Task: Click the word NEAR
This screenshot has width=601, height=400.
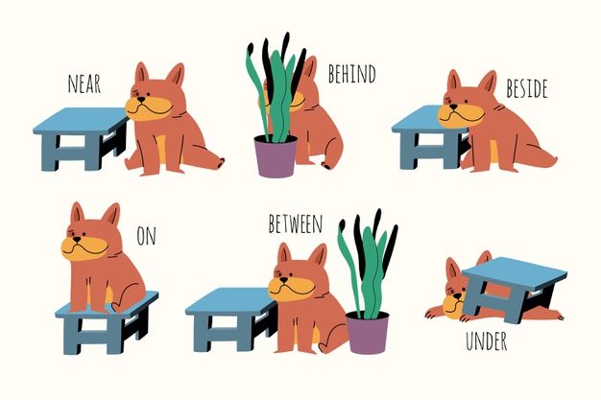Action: click(x=84, y=83)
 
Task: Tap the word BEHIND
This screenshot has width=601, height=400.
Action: click(x=351, y=74)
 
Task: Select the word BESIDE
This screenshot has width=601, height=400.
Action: click(x=527, y=88)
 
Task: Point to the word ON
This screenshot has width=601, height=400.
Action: click(x=147, y=236)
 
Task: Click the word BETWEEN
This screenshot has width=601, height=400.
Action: click(x=295, y=224)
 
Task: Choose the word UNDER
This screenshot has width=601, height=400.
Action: click(x=486, y=341)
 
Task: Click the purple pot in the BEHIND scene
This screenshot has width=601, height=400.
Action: click(x=276, y=155)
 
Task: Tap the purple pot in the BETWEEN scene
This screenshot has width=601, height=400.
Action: click(x=367, y=332)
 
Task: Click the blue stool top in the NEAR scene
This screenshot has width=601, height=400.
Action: click(x=81, y=120)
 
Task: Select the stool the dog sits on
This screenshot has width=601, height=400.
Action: click(x=107, y=322)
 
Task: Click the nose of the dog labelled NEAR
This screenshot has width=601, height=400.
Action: click(x=141, y=99)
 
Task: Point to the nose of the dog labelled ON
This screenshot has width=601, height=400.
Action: click(x=77, y=240)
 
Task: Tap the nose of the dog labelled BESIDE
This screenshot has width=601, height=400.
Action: click(x=454, y=106)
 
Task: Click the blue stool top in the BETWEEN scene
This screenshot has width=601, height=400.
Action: click(x=231, y=301)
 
